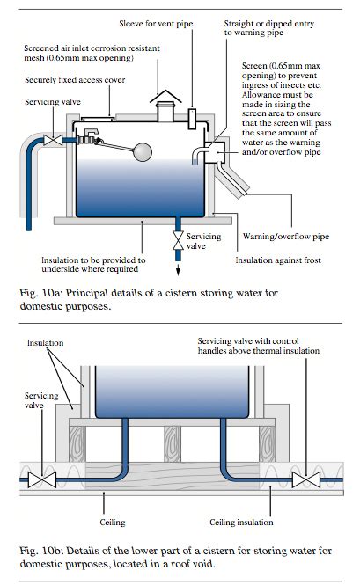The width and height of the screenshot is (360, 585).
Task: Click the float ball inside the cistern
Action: pyautogui.click(x=143, y=152)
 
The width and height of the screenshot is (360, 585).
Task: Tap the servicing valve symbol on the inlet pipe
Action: pyautogui.click(x=53, y=140)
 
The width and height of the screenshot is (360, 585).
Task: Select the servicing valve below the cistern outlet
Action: pyautogui.click(x=178, y=240)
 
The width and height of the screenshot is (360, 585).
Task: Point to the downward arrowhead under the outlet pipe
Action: pyautogui.click(x=178, y=272)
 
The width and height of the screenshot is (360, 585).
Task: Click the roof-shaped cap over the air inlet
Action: pyautogui.click(x=165, y=96)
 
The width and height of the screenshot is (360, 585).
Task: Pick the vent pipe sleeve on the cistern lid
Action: pyautogui.click(x=192, y=119)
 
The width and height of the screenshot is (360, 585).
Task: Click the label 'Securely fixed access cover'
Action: pyautogui.click(x=75, y=80)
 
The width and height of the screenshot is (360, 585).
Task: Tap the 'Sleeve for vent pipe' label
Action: pyautogui.click(x=156, y=24)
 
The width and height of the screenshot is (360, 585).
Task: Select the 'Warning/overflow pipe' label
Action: pyautogui.click(x=286, y=237)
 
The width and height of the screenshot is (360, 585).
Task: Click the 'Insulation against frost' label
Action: pyautogui.click(x=278, y=260)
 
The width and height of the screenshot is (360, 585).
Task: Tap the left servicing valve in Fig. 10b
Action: pyautogui.click(x=42, y=479)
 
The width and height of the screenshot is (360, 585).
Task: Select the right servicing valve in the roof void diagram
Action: pyautogui.click(x=305, y=479)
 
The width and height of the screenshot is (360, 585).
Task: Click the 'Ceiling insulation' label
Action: pyautogui.click(x=241, y=523)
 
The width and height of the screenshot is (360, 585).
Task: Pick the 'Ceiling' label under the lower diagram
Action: pyautogui.click(x=113, y=523)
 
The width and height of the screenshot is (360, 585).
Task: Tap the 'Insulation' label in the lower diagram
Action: pyautogui.click(x=45, y=343)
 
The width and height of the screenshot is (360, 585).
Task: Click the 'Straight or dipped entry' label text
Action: pyautogui.click(x=268, y=24)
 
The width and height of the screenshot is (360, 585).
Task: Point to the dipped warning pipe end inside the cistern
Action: pyautogui.click(x=195, y=161)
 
